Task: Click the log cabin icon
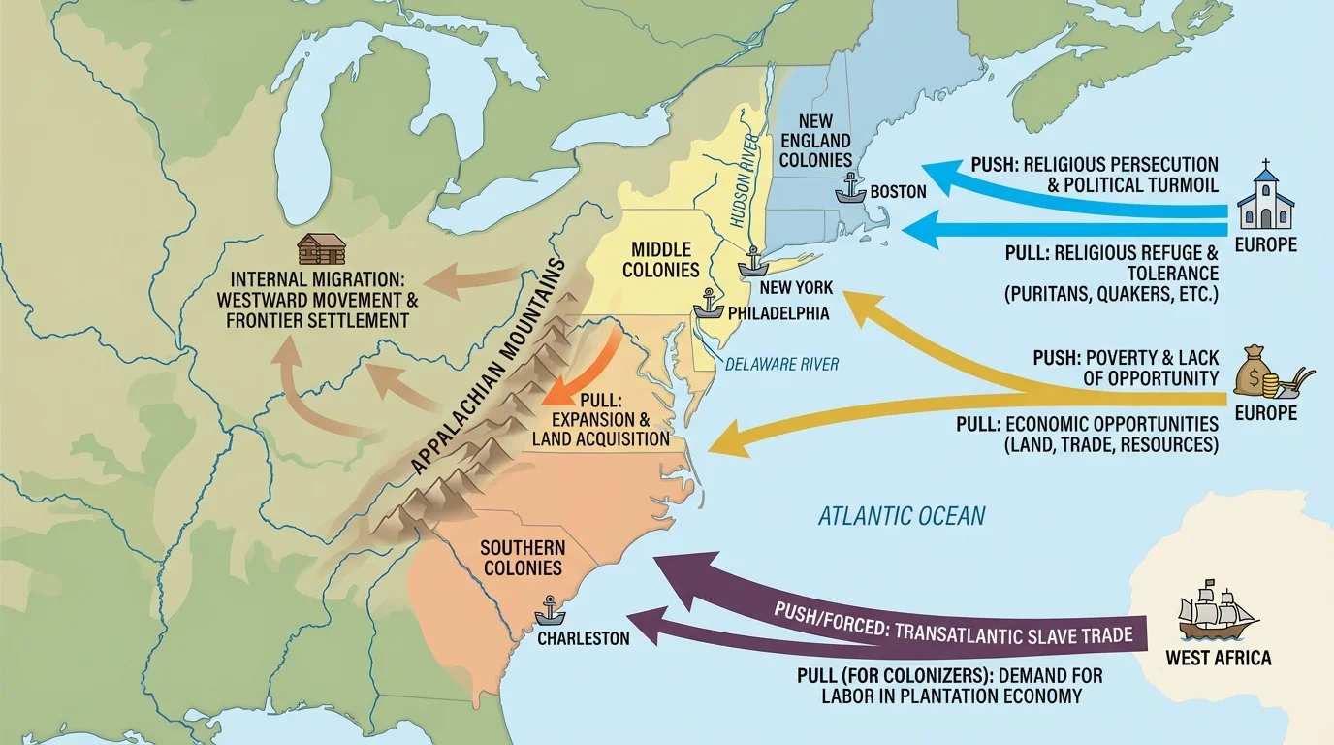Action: pyautogui.click(x=321, y=249)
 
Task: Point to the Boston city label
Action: pyautogui.click(x=898, y=192)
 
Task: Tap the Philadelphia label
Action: pyautogui.click(x=778, y=313)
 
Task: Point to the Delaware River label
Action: pyautogui.click(x=782, y=365)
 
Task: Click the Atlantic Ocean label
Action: pyautogui.click(x=902, y=515)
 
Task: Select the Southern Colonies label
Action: pyautogui.click(x=522, y=559)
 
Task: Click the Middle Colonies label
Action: pyautogui.click(x=661, y=259)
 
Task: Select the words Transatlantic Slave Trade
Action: pyautogui.click(x=1014, y=636)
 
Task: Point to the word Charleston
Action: pyautogui.click(x=584, y=639)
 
